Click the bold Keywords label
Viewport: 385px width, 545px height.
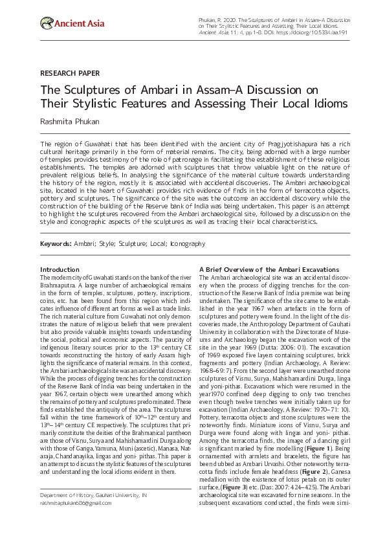pos(55,244)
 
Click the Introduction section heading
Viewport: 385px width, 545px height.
pos(60,269)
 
